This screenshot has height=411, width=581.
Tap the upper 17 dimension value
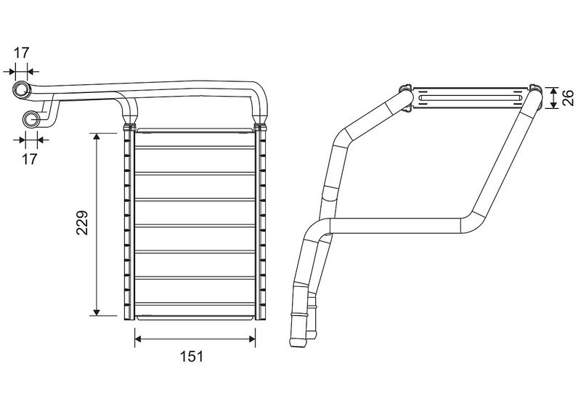click(22, 53)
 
